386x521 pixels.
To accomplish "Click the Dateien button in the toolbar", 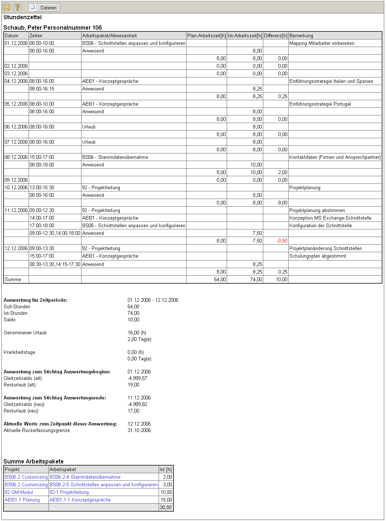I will point(45,8).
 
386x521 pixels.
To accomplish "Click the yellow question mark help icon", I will point(17,7).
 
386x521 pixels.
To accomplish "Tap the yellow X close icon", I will point(7,7).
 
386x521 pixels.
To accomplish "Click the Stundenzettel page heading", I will point(22,17).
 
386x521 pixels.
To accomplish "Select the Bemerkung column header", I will point(301,35).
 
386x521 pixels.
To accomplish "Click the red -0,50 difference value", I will point(282,241).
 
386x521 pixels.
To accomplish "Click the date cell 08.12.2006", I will point(16,157).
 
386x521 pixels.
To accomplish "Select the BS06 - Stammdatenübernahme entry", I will point(115,157).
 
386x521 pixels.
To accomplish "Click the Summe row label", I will point(13,279).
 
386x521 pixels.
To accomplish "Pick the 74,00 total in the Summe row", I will point(256,279).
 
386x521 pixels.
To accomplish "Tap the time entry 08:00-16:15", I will point(42,89).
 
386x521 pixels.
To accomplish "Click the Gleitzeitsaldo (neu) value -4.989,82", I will point(138,404).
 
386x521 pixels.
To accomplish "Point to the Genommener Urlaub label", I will point(25,332).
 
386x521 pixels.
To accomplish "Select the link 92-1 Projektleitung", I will point(69,492).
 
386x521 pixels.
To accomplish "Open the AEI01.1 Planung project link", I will point(22,500).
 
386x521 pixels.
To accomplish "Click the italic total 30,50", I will point(166,507).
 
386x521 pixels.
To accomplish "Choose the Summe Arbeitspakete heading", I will point(33,461).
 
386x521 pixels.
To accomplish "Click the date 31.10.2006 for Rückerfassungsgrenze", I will point(139,430).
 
